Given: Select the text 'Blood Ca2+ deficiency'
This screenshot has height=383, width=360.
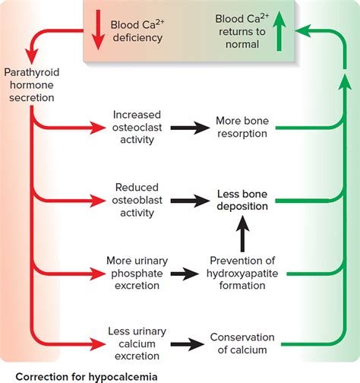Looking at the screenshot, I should click(136, 30).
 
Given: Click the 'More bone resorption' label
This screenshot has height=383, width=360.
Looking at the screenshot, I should click(242, 127).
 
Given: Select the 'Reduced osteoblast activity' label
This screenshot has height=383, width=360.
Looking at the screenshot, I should click(136, 200).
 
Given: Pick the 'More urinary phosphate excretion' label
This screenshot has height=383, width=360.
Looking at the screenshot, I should click(136, 272).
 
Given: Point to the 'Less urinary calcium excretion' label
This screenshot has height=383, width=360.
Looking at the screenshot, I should click(136, 343).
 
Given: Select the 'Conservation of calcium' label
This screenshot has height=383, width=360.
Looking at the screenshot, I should click(242, 343).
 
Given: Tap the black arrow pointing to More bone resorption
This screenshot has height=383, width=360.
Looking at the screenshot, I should click(188, 128).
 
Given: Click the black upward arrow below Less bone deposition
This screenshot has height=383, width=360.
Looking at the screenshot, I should click(242, 235).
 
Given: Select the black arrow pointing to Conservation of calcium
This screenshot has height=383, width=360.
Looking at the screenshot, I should click(188, 344).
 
